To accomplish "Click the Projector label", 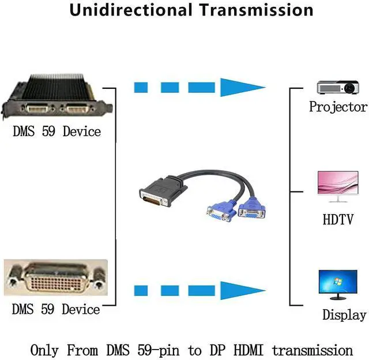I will pyautogui.click(x=338, y=107).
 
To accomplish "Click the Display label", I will pyautogui.click(x=344, y=315).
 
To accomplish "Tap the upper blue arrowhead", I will pyautogui.click(x=243, y=88).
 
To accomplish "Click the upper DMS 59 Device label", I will pyautogui.click(x=57, y=132).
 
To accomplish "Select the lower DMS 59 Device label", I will pyautogui.click(x=56, y=310).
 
